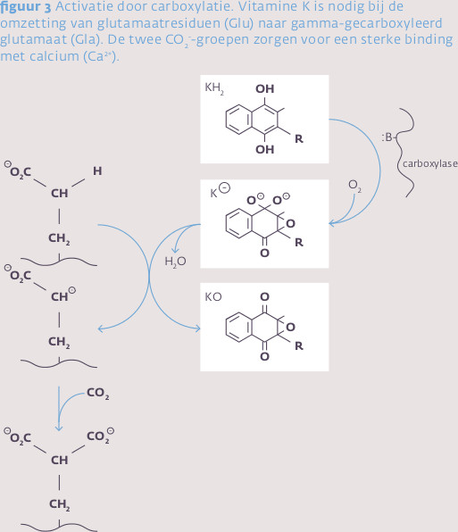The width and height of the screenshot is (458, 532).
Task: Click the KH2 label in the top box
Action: [214, 88]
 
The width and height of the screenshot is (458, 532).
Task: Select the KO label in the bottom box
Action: [213, 297]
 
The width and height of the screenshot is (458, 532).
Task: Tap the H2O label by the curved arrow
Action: [175, 262]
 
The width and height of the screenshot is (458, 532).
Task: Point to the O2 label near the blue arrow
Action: [354, 186]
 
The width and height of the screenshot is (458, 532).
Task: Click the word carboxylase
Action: [429, 164]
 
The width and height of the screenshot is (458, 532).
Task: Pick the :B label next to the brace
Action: [387, 137]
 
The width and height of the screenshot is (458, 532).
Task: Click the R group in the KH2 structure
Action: [299, 138]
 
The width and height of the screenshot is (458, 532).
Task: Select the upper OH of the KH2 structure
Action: [264, 89]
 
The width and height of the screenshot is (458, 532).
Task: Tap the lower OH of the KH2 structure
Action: [264, 149]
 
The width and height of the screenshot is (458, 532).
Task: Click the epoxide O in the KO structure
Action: [290, 327]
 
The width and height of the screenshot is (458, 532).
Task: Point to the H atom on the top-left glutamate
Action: [97, 171]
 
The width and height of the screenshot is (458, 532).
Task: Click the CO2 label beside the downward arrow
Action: [97, 393]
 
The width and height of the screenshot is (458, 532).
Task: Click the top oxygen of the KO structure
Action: [264, 297]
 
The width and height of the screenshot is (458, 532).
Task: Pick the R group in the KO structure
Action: [299, 346]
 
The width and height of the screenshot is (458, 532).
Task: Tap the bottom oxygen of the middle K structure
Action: [264, 254]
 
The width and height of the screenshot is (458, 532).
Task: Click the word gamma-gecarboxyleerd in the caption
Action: [366, 24]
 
